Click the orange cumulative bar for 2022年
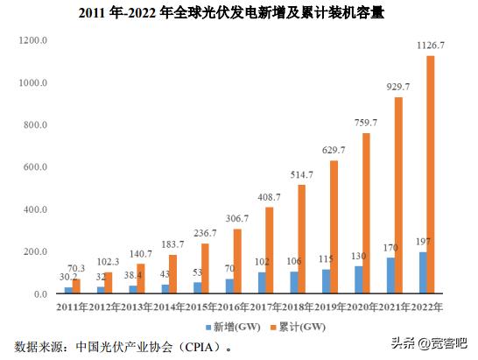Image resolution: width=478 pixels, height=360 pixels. pos(430,175)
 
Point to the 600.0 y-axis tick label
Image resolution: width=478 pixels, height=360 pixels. pos(33,167)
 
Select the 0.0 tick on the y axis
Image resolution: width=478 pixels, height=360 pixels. pos(39,294)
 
